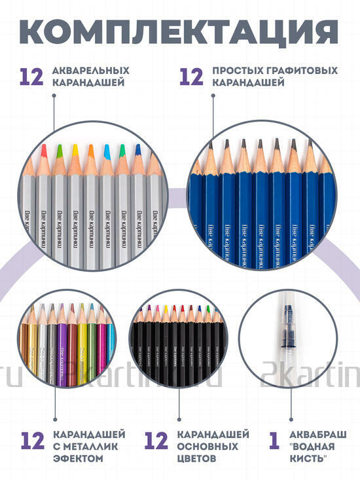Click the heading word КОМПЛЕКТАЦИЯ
[x=180, y=31]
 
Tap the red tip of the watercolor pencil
[x=44, y=150]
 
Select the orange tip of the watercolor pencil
[x=90, y=151]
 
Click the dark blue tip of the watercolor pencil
[x=138, y=149]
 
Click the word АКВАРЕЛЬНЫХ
[x=90, y=70]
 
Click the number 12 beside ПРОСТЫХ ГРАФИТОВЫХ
[x=191, y=77]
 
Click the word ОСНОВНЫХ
[x=197, y=447]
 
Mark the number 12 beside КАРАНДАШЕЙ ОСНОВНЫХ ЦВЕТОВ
[x=156, y=441]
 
